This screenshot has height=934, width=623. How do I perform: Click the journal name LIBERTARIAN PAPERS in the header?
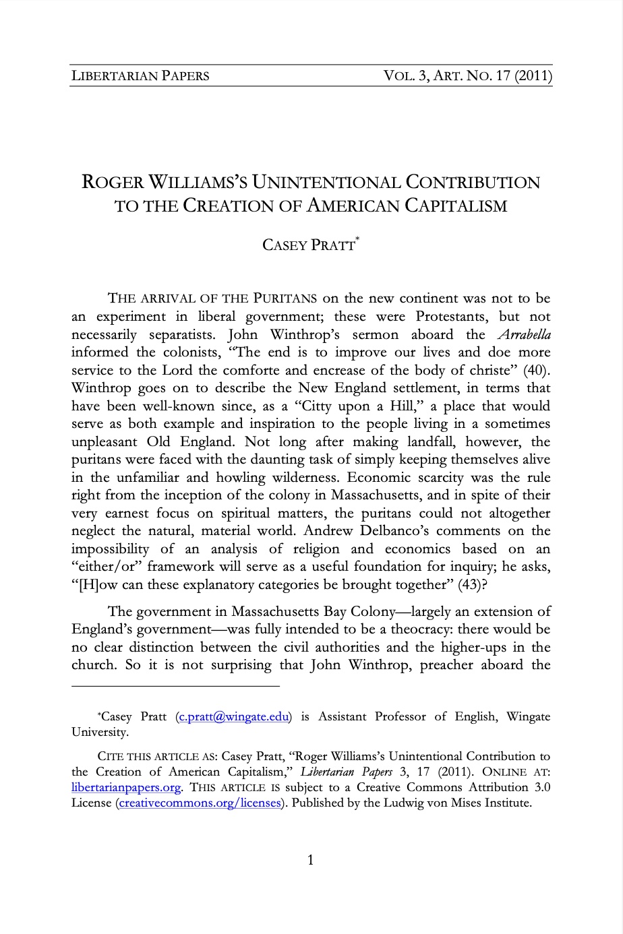coord(140,75)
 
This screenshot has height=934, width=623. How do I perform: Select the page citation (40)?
coord(537,370)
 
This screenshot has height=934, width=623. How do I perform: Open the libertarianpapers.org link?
coord(126,787)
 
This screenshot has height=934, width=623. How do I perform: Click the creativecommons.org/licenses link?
coord(199,803)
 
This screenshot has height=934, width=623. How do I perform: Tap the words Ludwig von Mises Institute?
coord(459,803)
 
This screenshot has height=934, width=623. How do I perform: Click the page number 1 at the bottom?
coord(311,860)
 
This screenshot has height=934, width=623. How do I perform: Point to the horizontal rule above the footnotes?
coord(175,686)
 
